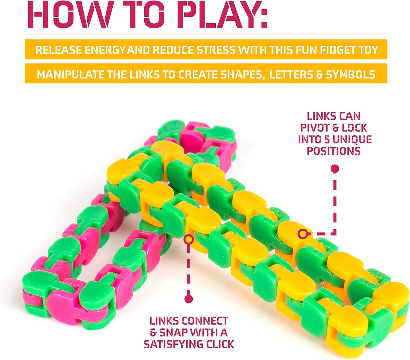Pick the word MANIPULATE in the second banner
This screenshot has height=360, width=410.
tap(71, 75)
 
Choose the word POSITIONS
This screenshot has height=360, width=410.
tap(334, 151)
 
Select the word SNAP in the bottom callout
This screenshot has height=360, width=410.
tap(174, 332)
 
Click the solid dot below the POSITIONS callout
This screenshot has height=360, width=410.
tap(335, 169)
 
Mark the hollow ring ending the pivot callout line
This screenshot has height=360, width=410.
tap(302, 234)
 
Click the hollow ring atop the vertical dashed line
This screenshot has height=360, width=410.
tap(189, 240)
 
